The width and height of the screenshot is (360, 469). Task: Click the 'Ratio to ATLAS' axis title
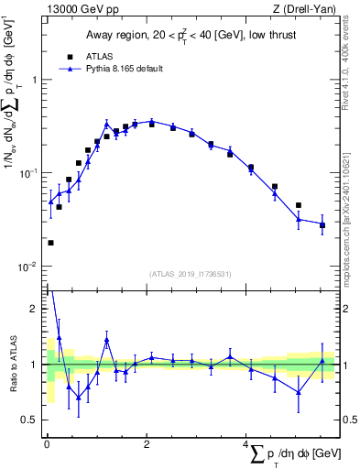coord(13,365)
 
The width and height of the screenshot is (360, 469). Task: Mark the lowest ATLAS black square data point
coord(50,243)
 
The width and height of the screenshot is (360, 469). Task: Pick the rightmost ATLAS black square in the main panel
coord(322,225)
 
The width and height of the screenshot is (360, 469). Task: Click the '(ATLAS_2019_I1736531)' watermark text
coord(190,274)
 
